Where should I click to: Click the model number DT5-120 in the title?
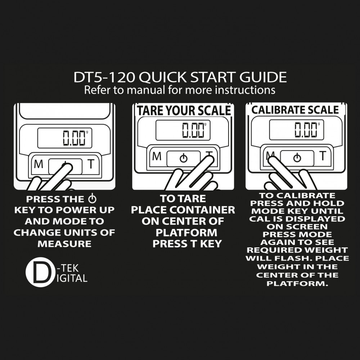pyautogui.click(x=104, y=77)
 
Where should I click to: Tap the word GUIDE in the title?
pyautogui.click(x=263, y=77)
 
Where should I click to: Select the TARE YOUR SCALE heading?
pyautogui.click(x=184, y=111)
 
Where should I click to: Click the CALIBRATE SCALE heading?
pyautogui.click(x=295, y=110)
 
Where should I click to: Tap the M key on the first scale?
pyautogui.click(x=39, y=164)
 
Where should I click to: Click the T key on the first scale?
pyautogui.click(x=91, y=164)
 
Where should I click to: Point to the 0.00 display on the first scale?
pyautogui.click(x=74, y=138)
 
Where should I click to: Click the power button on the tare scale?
pyautogui.click(x=183, y=158)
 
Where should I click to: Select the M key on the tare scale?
pyautogui.click(x=157, y=156)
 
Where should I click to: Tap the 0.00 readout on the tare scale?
pyautogui.click(x=193, y=130)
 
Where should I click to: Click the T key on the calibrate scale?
pyautogui.click(x=323, y=156)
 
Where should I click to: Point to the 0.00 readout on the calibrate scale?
pyautogui.click(x=306, y=130)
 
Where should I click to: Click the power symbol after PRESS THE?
pyautogui.click(x=92, y=199)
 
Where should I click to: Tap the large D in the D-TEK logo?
pyautogui.click(x=41, y=272)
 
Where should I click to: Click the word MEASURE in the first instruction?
pyautogui.click(x=64, y=244)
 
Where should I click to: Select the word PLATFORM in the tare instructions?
pyautogui.click(x=186, y=233)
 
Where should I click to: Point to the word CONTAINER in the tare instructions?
pyautogui.click(x=202, y=210)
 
